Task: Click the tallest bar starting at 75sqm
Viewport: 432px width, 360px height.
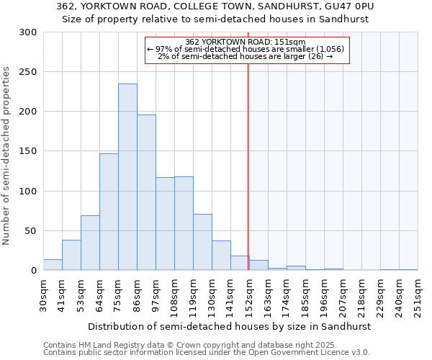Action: click(127, 177)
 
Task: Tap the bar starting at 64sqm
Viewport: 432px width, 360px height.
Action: click(109, 212)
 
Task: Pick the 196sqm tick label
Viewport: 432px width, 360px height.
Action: click(325, 294)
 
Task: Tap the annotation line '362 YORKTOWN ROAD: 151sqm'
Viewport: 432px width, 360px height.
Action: click(246, 42)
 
